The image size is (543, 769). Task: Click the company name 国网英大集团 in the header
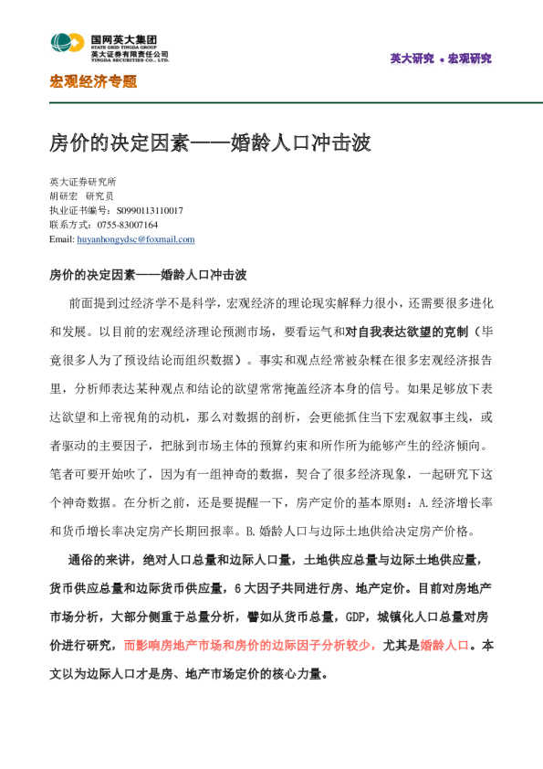pos(123,39)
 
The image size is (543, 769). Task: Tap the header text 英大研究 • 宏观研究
pos(440,59)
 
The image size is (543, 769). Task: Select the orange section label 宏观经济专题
pos(93,82)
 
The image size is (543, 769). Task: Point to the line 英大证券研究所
pos(83,182)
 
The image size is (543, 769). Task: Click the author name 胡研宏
pos(64,196)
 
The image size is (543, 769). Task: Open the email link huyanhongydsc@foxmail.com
pos(135,239)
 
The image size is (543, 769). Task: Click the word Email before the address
pos(60,239)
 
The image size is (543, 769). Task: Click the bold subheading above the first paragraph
pos(148,274)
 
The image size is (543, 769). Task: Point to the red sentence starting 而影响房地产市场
pos(251,646)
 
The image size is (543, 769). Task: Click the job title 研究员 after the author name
pos(99,196)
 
